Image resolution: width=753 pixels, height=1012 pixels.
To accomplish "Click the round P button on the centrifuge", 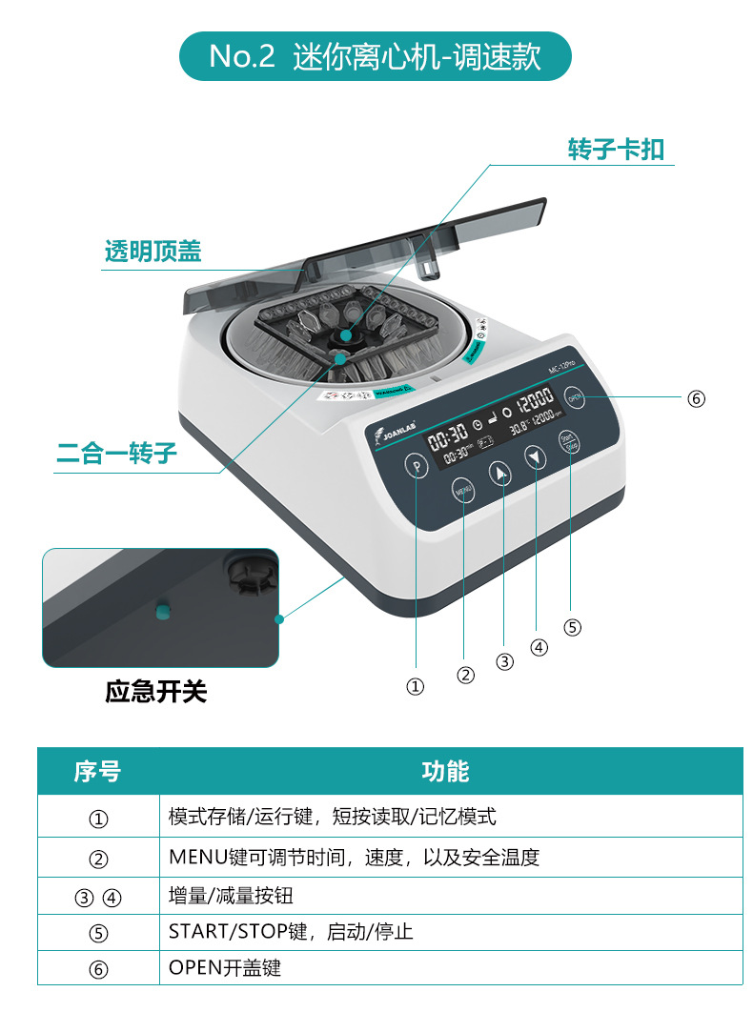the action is (x=416, y=466).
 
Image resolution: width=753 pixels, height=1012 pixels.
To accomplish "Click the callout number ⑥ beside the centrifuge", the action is (x=696, y=398).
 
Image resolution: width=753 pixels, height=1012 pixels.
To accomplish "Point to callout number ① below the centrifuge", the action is (x=416, y=686).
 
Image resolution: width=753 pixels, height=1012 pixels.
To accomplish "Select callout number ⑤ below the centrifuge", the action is (x=572, y=627).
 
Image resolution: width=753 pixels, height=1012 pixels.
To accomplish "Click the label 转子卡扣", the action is (x=616, y=150).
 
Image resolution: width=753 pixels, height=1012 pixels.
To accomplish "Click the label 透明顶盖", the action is (x=153, y=252).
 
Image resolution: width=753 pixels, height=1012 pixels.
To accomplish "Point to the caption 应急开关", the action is (x=155, y=691).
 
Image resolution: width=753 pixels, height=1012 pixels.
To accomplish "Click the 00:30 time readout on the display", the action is (x=448, y=438).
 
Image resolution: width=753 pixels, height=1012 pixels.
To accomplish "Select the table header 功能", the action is (x=445, y=771).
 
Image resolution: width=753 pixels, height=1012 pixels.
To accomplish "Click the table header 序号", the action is (x=98, y=771).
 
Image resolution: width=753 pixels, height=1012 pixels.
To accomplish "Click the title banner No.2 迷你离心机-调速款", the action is (x=376, y=55).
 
